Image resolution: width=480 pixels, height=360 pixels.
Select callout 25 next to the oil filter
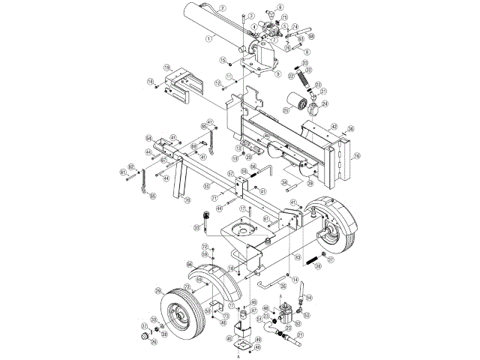coord(286,110)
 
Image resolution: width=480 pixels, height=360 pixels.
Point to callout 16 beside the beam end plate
coord(358,156)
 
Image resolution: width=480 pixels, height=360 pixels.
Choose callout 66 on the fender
coord(190,265)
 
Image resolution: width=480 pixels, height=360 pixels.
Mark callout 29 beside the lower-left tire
coord(157,290)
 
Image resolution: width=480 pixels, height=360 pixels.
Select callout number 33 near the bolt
coord(197,228)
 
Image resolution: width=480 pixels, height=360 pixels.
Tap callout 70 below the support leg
coord(187,200)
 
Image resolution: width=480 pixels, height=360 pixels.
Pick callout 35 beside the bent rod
coord(284,285)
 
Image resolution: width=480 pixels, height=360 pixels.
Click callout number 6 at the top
coord(280,7)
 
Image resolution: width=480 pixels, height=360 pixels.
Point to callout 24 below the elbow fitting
coord(325,103)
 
